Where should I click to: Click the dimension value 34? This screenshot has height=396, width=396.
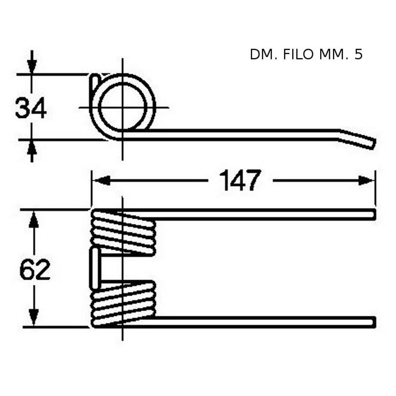point(31,108)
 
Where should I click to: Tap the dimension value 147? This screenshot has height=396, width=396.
point(240,180)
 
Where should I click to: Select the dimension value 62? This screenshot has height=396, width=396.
point(35,269)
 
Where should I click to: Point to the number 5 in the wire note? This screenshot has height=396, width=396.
point(358,54)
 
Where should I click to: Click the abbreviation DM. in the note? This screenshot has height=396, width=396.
point(264,54)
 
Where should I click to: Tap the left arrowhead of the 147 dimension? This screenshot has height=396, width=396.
point(101,180)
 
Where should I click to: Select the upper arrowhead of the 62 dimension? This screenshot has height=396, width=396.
point(34,220)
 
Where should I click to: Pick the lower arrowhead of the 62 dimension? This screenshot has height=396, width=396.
point(34,318)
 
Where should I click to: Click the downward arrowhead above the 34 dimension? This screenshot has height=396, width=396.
point(32,66)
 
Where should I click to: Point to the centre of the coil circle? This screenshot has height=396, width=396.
point(123,107)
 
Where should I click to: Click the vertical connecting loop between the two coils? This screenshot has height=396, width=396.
point(95,268)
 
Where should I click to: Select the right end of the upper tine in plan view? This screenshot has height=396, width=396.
point(374,214)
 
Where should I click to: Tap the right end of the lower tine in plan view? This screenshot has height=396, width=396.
point(374,322)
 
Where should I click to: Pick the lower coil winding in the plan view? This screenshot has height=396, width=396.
point(123,304)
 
